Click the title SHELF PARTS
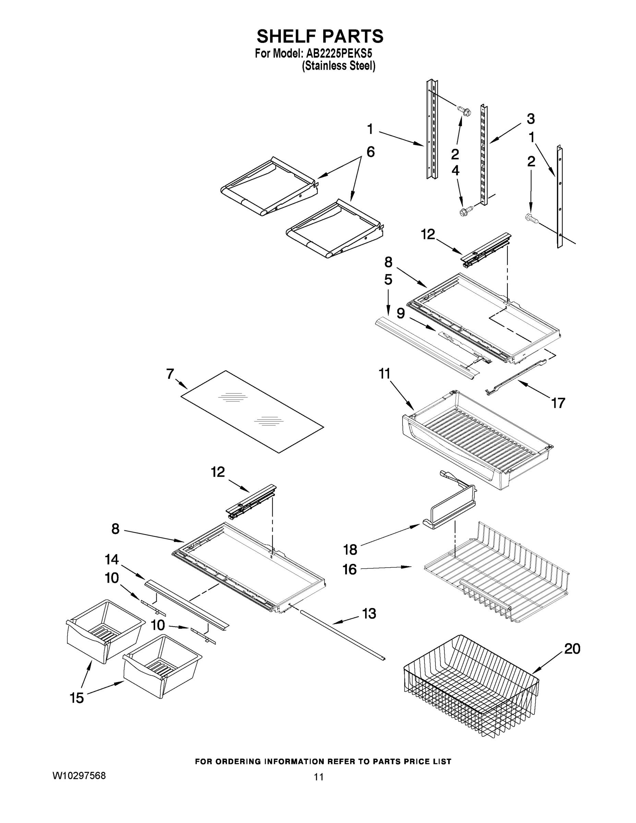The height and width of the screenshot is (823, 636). pos(320,37)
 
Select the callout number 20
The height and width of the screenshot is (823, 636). pos(572,649)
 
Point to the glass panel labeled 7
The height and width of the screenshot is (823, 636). pos(252,411)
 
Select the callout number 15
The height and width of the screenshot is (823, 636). pos(77,698)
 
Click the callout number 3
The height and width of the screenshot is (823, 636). pos(530,119)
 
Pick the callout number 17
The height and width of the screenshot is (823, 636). pos(558,403)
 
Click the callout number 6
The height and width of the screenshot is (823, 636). pos(370,152)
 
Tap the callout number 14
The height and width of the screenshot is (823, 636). pos(112,560)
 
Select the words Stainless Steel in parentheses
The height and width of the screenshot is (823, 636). pos(339,66)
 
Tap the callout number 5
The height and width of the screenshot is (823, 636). pos(388,279)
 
